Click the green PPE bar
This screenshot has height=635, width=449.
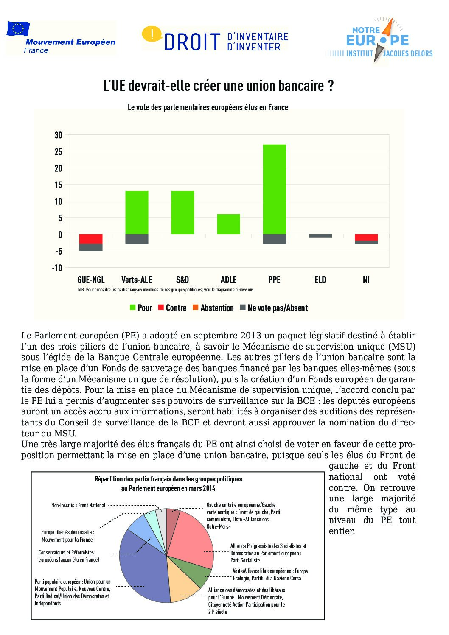274,189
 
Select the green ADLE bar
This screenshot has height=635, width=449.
228,224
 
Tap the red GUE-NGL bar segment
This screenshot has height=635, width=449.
91,239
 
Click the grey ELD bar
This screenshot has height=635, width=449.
320,236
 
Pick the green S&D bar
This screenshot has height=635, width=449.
182,213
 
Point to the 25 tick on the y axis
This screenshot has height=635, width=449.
58,152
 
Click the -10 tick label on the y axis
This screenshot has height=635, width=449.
57,268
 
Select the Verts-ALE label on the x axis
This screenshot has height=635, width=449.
136,280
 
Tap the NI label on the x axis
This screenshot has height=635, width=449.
366,280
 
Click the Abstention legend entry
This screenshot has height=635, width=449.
217,308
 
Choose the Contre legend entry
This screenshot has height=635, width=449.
176,308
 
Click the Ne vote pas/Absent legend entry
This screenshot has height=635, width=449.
278,308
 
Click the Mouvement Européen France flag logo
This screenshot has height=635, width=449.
18,29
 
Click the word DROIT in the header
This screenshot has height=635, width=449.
193,42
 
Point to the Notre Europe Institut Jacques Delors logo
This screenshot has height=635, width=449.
379,42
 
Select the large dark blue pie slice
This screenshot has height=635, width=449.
144,568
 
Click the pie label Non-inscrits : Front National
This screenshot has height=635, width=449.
78,506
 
